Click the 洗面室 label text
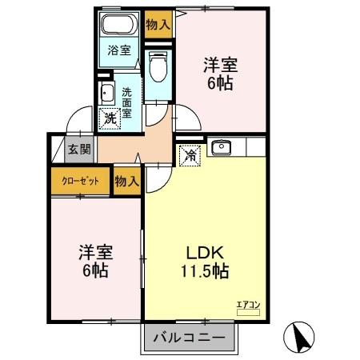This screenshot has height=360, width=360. coord(128,102)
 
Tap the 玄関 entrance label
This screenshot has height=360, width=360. coord(78,148)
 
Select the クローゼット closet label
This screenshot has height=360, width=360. coord(81,181)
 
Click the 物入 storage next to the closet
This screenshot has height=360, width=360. coord(126,181)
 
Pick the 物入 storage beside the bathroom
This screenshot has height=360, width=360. coord(158,24)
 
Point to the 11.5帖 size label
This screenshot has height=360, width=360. coord(203,272)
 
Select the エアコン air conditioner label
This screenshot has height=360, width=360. coord(248,304)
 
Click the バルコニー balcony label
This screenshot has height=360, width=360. coord(190,338)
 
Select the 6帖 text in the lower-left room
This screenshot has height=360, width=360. coord(95,270)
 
